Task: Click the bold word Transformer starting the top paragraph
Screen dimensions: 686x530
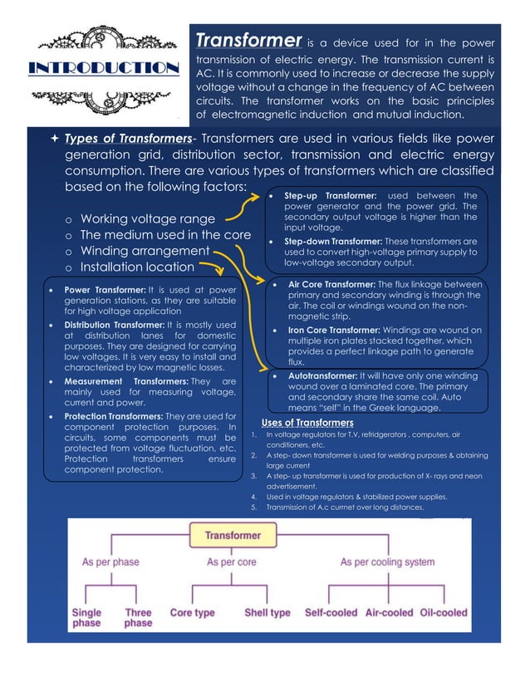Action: [x=247, y=41]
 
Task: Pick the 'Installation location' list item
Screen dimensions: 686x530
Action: [x=136, y=267]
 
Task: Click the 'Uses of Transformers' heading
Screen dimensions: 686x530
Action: [x=307, y=423]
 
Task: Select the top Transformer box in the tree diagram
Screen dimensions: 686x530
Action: [x=233, y=536]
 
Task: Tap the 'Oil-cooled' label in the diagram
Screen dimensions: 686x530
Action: [x=443, y=612]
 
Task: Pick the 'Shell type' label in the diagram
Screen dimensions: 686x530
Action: [x=267, y=612]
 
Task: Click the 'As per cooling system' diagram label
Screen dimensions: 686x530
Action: [x=387, y=562]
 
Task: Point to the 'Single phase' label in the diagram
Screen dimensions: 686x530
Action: [x=86, y=617]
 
